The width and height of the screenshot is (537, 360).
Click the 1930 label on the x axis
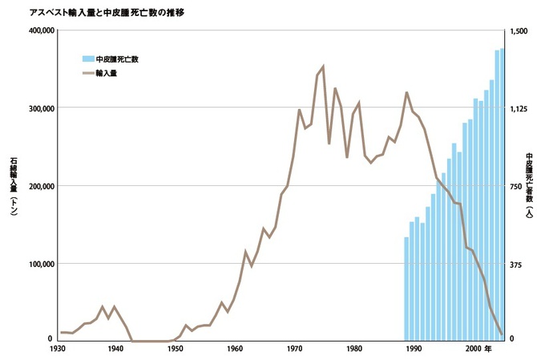[x=57, y=350]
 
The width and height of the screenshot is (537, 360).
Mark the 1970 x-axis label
[x=295, y=350]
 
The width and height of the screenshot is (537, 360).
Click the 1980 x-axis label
[x=354, y=350]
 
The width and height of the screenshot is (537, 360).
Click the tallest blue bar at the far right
[x=503, y=192]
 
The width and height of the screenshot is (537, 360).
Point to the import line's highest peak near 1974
[x=323, y=67]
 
